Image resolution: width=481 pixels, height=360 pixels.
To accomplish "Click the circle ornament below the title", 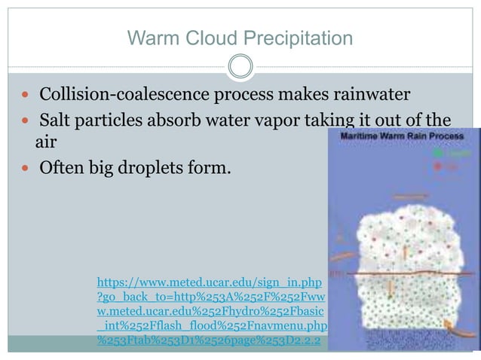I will pos(240,66).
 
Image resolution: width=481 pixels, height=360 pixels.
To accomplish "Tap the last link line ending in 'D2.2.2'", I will pos(209,340).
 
